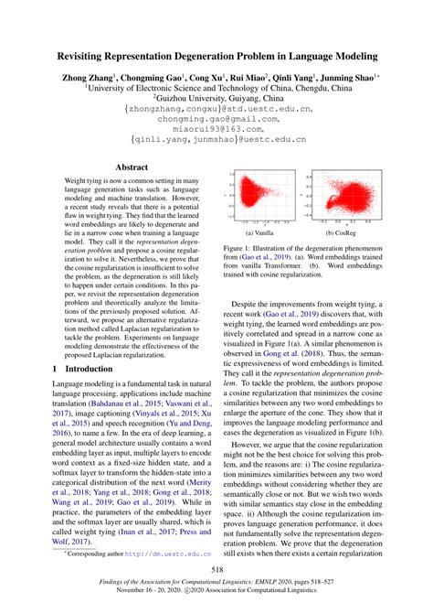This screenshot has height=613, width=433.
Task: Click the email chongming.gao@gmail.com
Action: pos(216,118)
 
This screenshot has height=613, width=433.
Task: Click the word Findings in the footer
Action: pos(108,593)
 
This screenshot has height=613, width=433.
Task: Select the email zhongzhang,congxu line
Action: pos(216,107)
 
